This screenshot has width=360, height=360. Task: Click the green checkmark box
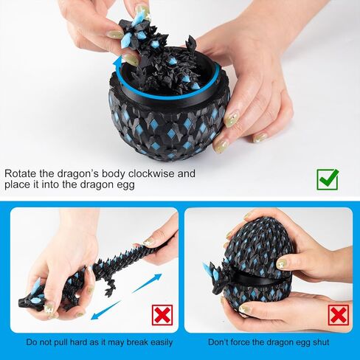click(328, 179)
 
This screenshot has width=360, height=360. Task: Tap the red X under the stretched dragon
click(162, 315)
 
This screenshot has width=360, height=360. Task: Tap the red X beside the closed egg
click(339, 315)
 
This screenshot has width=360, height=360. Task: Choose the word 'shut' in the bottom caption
click(321, 342)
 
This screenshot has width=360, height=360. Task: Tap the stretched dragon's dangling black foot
click(108, 288)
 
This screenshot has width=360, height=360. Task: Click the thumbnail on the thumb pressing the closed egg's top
click(281, 263)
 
